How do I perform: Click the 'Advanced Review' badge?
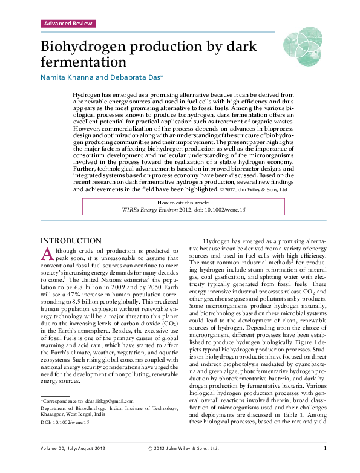coord(69,24)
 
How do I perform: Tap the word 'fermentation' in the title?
coord(83,62)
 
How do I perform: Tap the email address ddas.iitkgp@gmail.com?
coord(105,400)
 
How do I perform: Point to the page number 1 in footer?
coord(326,465)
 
